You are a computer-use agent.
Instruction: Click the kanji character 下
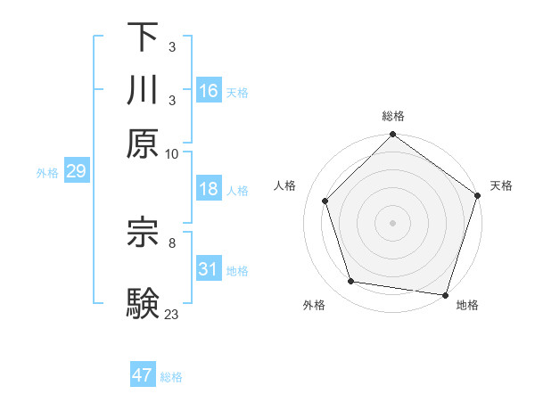(143, 37)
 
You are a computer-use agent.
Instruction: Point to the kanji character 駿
(143, 302)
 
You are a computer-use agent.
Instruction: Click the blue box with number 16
(209, 91)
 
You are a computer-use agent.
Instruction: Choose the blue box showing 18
(209, 189)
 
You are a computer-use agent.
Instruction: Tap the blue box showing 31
(209, 269)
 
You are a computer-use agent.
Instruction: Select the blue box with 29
(76, 172)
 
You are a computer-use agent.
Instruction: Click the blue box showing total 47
(143, 375)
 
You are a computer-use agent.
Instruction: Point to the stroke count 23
(172, 314)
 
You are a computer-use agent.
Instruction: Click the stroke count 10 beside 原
(172, 153)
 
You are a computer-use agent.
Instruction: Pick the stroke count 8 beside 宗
(172, 242)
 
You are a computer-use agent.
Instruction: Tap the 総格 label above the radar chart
(393, 116)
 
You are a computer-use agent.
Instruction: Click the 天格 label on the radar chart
(501, 185)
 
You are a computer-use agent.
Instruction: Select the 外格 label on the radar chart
(313, 305)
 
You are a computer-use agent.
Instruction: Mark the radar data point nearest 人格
(325, 201)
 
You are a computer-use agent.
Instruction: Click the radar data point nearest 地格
(446, 294)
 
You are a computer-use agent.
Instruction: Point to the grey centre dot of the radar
(393, 222)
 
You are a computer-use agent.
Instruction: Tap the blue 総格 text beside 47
(171, 377)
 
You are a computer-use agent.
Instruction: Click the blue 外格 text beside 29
(47, 173)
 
